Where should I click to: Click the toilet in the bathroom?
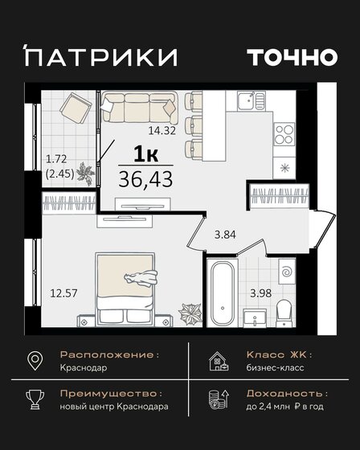coord(282,311)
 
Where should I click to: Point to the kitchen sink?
coord(252,100)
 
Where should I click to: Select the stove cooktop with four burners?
coord(285,135)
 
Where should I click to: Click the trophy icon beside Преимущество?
coord(36,402)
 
